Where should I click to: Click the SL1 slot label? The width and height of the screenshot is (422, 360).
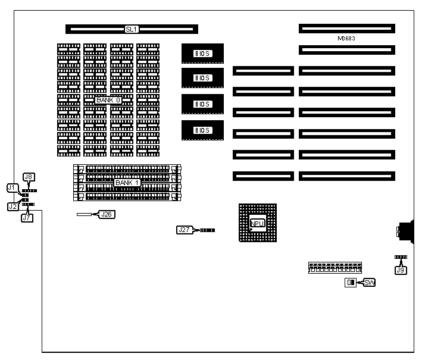(132, 29)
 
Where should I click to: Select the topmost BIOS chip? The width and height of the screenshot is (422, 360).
(202, 54)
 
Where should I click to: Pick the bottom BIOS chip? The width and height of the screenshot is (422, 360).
(202, 130)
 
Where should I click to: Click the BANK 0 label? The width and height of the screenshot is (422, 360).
(108, 100)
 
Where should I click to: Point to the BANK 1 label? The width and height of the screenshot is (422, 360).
(127, 182)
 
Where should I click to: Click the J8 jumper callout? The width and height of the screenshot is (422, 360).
(29, 176)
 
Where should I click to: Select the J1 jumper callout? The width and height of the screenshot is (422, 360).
(12, 187)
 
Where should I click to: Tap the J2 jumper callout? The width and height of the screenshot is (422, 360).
(13, 206)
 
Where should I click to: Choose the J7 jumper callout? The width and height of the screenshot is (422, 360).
(27, 217)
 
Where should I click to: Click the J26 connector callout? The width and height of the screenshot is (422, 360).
(107, 214)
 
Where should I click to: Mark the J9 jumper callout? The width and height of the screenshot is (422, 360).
(401, 270)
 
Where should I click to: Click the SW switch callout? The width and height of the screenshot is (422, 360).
(370, 282)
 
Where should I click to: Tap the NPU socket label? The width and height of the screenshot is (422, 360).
(257, 224)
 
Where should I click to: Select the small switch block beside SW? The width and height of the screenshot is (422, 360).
(350, 282)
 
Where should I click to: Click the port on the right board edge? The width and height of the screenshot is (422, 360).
(404, 231)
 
